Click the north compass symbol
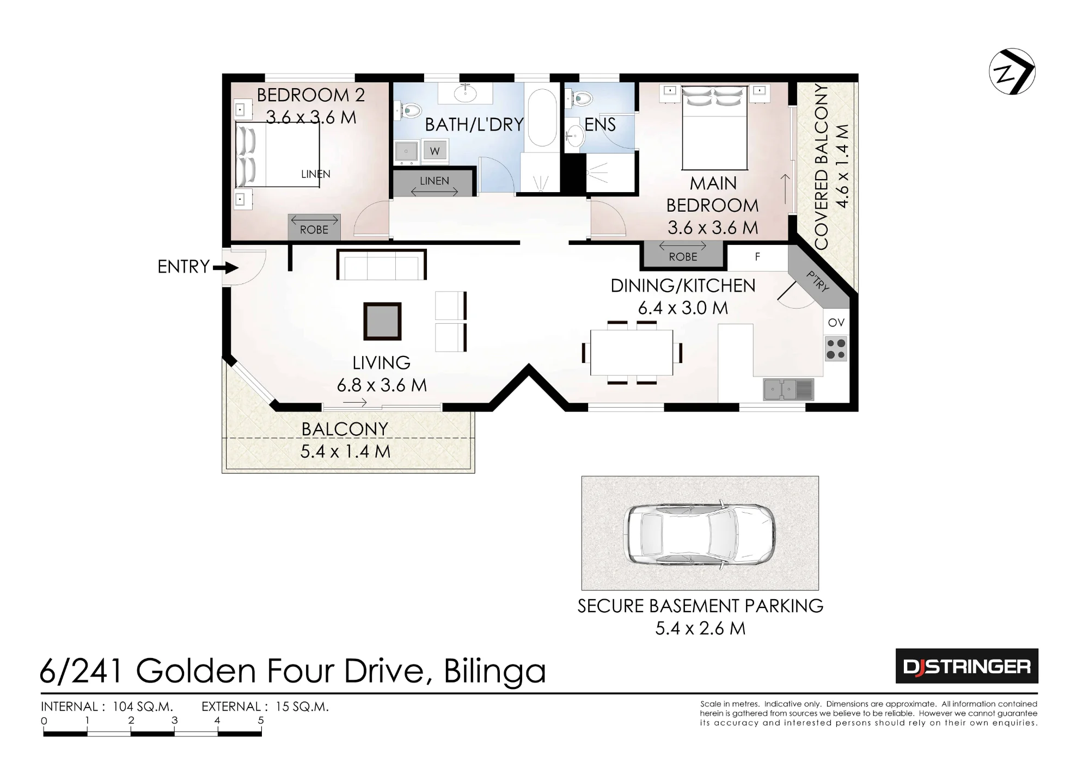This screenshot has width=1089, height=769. (1012, 72)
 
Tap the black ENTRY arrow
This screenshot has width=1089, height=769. (225, 268)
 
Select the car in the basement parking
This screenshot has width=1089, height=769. (700, 534)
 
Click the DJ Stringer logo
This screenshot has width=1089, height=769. (966, 666)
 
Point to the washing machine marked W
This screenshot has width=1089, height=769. (435, 151)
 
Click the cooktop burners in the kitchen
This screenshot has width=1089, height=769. (836, 349)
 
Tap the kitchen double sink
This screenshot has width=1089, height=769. (788, 389)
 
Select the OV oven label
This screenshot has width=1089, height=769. (836, 322)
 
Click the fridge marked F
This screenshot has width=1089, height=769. (757, 257)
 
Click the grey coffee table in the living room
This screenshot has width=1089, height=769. (382, 321)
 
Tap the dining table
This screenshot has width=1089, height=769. (632, 352)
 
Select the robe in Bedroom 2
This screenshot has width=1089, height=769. (314, 227)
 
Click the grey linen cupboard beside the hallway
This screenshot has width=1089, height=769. (433, 182)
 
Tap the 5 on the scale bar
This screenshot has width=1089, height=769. (261, 720)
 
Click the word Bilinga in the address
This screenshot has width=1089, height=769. (494, 671)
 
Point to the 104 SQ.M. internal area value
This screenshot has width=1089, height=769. (143, 706)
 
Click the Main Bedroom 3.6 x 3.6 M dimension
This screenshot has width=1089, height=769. (713, 227)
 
